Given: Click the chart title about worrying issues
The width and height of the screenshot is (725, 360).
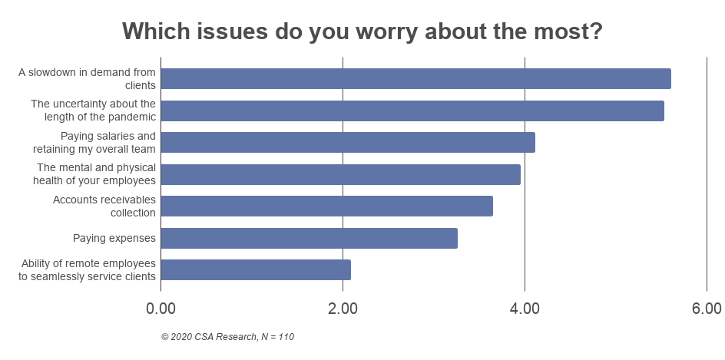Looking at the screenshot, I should (x=362, y=31).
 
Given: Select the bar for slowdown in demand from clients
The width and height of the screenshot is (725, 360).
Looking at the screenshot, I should (x=415, y=78).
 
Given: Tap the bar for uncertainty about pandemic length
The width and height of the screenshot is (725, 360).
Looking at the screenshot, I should (x=412, y=111).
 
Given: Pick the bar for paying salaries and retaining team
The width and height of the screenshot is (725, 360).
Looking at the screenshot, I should (x=348, y=142).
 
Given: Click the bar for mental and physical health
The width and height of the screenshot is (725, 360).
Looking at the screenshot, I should (x=340, y=174).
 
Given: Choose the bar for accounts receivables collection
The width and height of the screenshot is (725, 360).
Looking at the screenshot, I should (x=326, y=206).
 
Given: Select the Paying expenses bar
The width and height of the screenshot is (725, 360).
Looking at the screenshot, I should (x=309, y=238).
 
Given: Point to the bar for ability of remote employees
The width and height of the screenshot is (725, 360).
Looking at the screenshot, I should (x=256, y=269).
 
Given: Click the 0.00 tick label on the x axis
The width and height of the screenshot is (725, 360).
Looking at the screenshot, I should (x=161, y=309).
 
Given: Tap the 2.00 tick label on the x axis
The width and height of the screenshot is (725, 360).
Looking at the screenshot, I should (x=343, y=309).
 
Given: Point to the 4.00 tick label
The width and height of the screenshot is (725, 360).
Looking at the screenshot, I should (x=525, y=309).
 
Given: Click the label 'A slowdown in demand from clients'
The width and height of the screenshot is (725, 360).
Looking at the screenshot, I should (x=87, y=78).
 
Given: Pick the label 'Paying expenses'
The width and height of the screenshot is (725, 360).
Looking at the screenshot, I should (x=114, y=238).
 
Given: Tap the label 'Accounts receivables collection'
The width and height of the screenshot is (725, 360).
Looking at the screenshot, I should (x=104, y=206).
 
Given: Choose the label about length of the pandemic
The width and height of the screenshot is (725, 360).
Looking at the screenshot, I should (x=93, y=111).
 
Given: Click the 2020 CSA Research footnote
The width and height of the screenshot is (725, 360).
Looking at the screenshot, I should (x=227, y=336).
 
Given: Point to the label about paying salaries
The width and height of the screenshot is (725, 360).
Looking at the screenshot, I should (x=94, y=142).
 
